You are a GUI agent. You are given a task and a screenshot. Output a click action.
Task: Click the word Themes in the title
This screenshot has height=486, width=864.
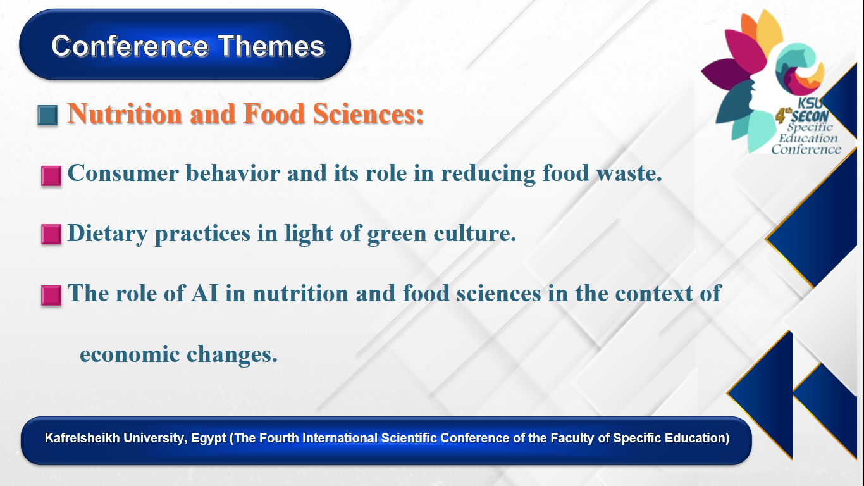pos(271,46)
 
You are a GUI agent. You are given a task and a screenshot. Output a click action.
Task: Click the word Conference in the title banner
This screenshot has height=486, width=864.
pos(130,46)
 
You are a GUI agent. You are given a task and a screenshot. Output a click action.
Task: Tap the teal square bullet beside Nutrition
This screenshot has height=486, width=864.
pos(48,115)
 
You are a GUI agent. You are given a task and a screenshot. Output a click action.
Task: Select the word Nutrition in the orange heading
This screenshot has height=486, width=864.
pos(125,114)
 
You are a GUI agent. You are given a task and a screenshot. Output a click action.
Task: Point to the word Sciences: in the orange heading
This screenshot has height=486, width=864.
pos(368,114)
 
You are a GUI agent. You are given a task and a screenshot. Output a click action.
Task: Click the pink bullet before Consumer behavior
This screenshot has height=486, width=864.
pos(51,176)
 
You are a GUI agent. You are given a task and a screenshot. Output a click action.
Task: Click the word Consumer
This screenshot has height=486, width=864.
pos(123,173)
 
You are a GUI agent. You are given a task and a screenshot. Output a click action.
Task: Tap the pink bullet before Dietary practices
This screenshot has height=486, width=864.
pos(51,234)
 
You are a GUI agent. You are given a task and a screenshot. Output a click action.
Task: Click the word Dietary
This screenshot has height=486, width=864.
pos(108,233)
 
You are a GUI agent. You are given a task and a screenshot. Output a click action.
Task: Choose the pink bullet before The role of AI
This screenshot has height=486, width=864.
pos(51,296)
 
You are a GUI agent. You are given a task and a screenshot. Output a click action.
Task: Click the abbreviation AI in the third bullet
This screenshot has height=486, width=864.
pos(205,293)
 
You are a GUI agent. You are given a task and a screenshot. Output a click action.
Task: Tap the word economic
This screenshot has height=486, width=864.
pos(130,354)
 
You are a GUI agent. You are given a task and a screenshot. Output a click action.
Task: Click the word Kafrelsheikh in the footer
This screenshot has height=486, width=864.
pos(82,438)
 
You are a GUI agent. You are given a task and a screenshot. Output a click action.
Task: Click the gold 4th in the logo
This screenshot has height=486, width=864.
pos(783,116)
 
